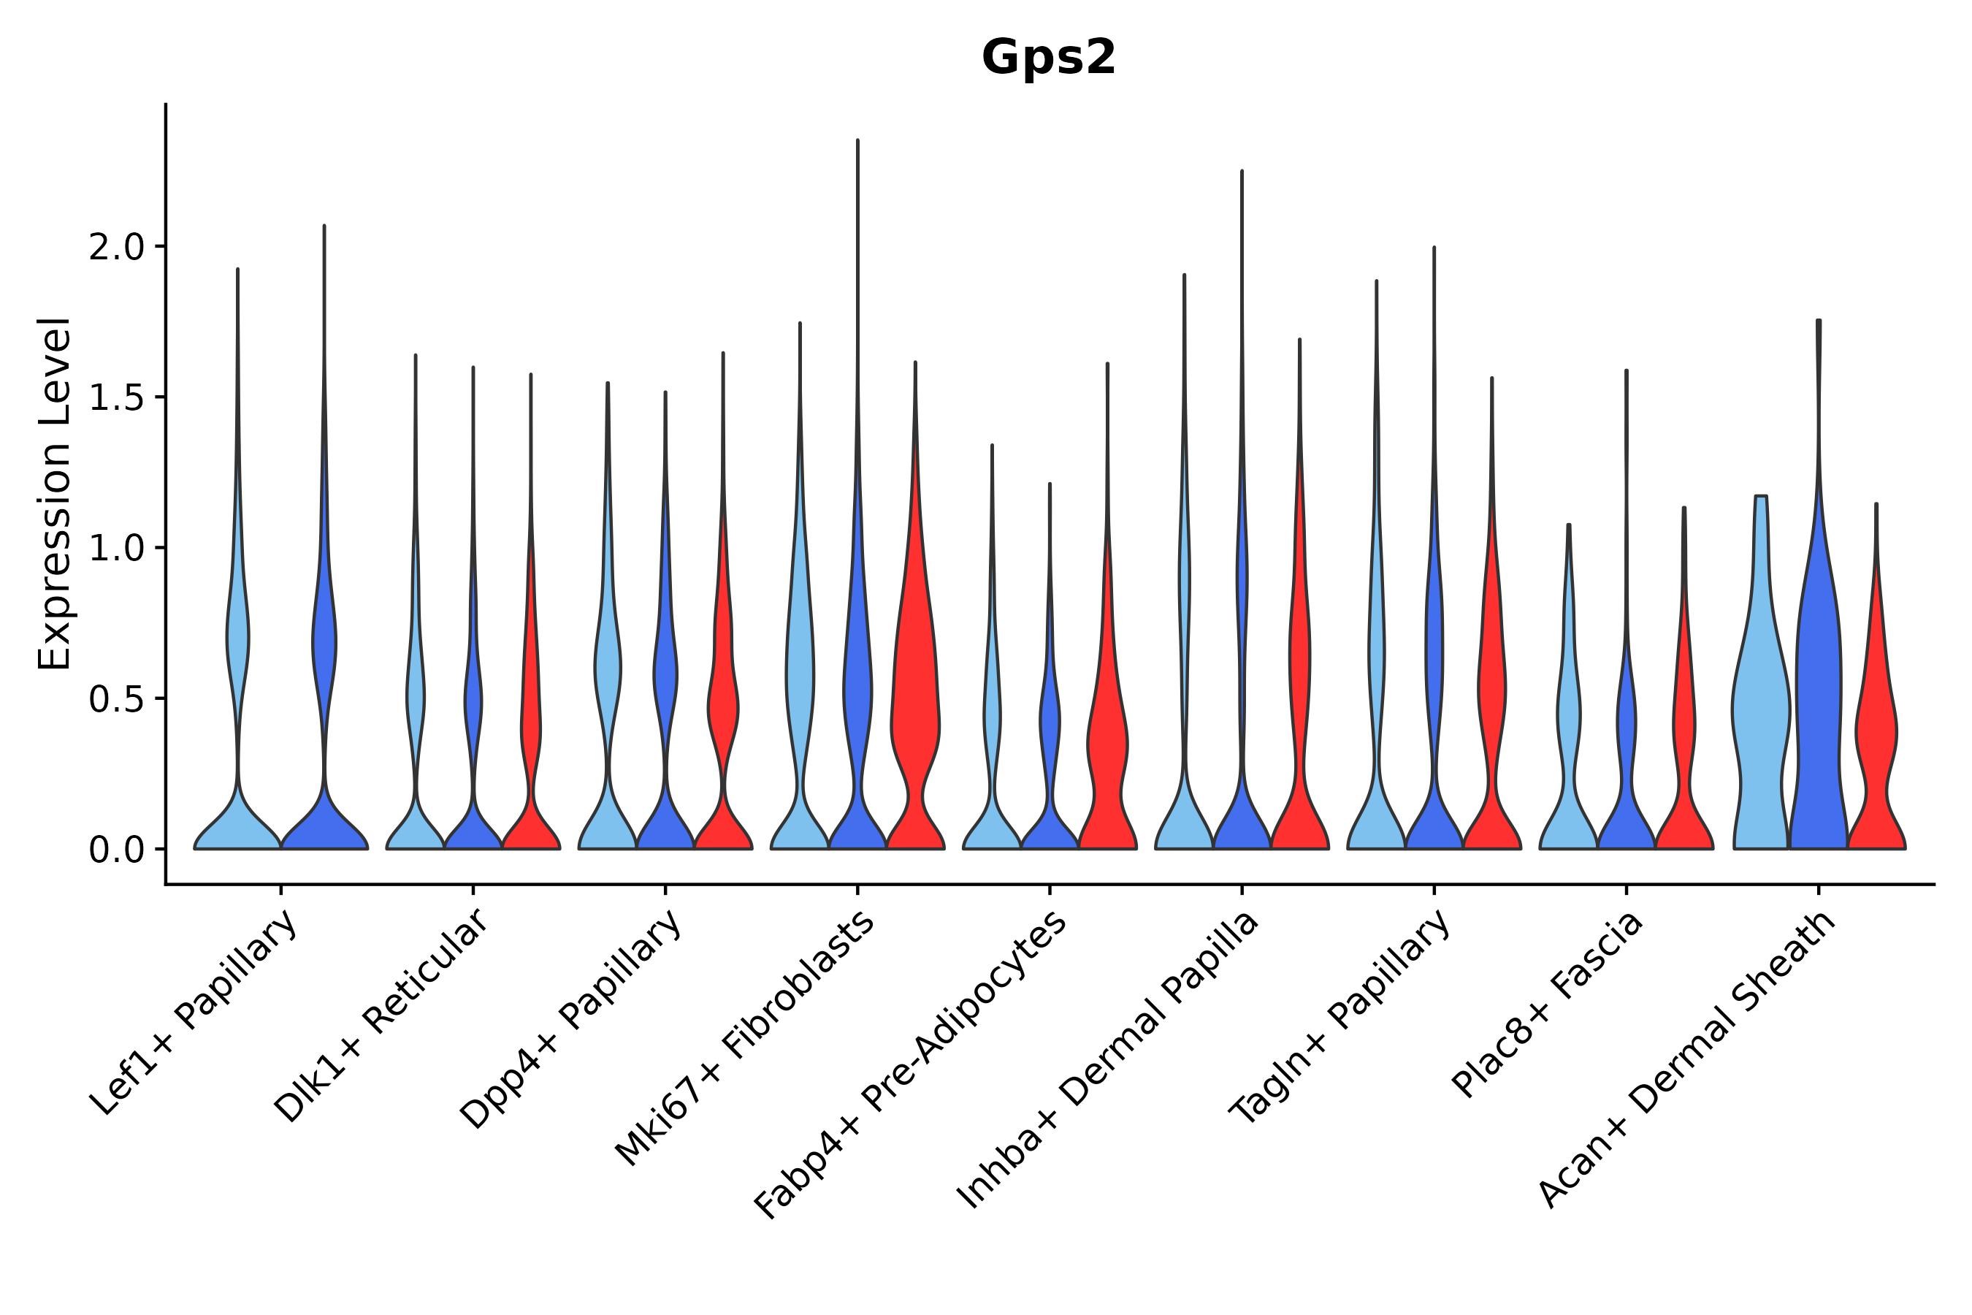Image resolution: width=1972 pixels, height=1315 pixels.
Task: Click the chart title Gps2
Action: [1048, 58]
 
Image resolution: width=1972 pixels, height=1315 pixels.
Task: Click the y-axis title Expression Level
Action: [55, 493]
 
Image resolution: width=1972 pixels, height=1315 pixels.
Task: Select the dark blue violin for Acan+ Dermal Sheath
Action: [1818, 713]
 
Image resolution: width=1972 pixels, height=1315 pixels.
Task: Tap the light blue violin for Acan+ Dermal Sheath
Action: [1760, 713]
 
